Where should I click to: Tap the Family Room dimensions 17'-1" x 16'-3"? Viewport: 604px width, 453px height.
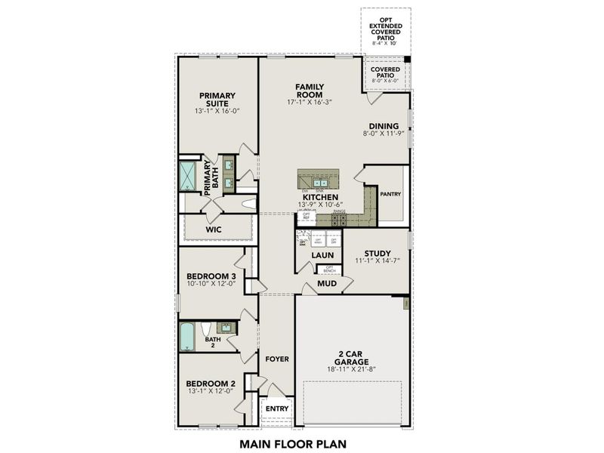tap(310, 102)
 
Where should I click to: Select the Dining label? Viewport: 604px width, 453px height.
tap(384, 126)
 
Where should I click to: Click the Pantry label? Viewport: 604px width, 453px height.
tap(390, 194)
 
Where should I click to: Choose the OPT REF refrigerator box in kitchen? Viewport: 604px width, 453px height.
tap(307, 216)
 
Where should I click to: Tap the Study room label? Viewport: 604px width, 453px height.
tap(377, 254)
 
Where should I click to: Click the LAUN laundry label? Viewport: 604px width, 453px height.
tap(322, 255)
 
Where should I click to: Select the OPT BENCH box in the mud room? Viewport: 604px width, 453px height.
tap(328, 268)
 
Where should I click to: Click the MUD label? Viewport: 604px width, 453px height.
tap(326, 284)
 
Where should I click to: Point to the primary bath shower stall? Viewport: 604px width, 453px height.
tap(187, 176)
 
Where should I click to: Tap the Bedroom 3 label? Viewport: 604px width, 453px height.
tap(211, 277)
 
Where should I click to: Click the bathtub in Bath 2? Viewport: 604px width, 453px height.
tap(187, 336)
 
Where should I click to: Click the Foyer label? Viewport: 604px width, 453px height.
tap(276, 359)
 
